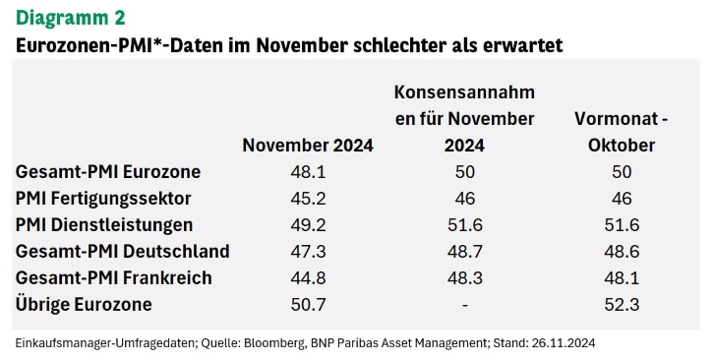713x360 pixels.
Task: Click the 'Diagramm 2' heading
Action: tap(71, 18)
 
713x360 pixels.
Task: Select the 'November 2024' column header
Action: tap(308, 146)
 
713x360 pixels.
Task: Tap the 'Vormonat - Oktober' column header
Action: tap(622, 132)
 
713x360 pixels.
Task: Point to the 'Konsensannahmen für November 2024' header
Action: tap(464, 119)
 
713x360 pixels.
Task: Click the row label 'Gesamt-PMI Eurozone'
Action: tap(108, 172)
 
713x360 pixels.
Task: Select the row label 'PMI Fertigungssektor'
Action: tap(103, 199)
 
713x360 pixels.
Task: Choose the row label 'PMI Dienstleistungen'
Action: tap(104, 225)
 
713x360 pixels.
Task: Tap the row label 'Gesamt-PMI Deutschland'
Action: tap(123, 252)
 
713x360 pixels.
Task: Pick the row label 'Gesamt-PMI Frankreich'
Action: tap(114, 277)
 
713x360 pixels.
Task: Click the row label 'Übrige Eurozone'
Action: tap(84, 304)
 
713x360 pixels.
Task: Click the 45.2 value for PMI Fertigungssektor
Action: tap(308, 199)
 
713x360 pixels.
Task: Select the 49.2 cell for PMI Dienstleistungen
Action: tap(308, 225)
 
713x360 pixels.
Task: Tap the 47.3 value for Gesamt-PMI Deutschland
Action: tap(308, 252)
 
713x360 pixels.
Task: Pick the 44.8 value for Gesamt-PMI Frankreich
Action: tap(308, 277)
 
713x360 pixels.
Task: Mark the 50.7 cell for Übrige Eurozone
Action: tap(308, 304)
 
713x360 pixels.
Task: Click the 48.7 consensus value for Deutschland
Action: tap(465, 252)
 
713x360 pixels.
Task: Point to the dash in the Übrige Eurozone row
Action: tap(465, 305)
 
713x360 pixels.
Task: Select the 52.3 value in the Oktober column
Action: tap(622, 304)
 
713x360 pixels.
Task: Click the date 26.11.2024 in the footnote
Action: tap(563, 342)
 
